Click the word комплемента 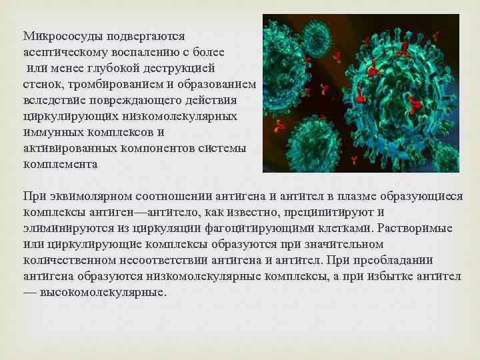[x=61, y=164]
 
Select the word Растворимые [x=418, y=228]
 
